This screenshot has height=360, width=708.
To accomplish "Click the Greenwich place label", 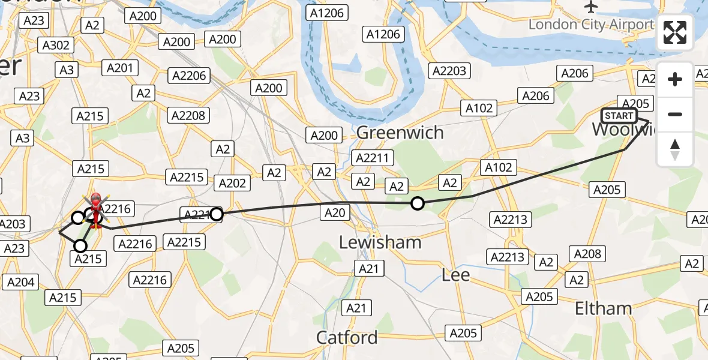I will (400, 133).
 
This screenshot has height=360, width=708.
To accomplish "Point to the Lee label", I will (455, 275).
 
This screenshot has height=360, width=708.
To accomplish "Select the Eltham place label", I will (603, 308).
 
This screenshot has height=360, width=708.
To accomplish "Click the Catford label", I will (347, 337).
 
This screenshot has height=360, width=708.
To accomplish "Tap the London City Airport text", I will (591, 25).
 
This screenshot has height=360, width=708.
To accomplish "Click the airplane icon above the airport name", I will (592, 7).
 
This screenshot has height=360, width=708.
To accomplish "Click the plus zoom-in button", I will (675, 79).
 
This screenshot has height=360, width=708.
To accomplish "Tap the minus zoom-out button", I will (675, 114).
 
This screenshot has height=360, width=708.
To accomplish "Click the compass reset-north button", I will (675, 149).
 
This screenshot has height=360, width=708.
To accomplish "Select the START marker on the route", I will (619, 116).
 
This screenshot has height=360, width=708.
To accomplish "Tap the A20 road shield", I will (335, 211).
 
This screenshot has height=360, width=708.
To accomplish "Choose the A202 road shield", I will (232, 183).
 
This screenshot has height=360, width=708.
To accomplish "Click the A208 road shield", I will (587, 254).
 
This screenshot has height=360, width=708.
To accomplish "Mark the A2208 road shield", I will (188, 115).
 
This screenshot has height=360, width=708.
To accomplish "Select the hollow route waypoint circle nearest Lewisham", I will (417, 204).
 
